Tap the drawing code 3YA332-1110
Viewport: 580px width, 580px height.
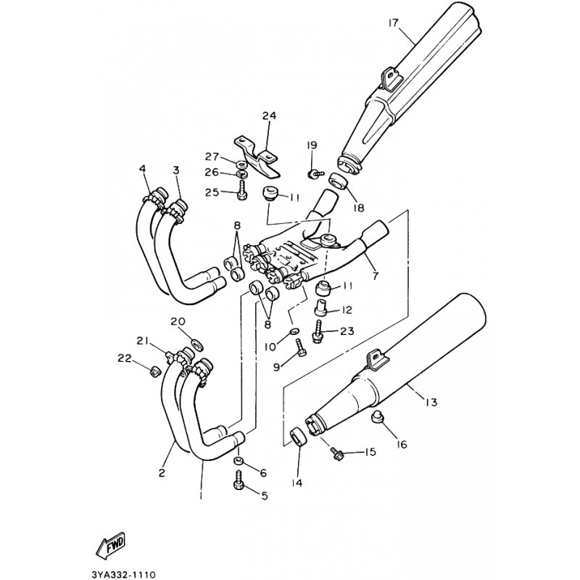[x=123, y=574]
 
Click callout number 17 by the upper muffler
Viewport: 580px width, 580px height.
[x=393, y=23]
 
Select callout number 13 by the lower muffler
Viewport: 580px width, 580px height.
[x=431, y=402]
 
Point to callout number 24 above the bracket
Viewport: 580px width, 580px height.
[x=269, y=116]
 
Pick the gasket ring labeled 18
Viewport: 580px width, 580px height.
[x=338, y=181]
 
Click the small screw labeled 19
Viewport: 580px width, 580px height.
[x=315, y=173]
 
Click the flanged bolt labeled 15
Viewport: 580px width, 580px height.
[x=337, y=455]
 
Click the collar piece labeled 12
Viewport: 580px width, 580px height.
[x=320, y=308]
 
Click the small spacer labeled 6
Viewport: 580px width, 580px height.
[x=238, y=461]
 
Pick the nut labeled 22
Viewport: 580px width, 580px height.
[x=154, y=371]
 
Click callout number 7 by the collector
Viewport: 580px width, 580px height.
[x=375, y=275]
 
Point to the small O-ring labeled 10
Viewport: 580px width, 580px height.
[x=295, y=331]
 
